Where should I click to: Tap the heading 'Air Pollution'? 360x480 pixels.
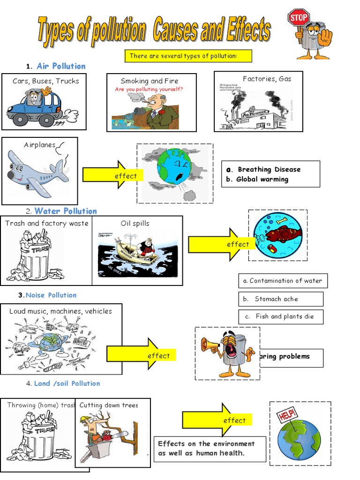click(61, 66)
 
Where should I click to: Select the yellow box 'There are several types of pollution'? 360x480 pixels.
click(188, 56)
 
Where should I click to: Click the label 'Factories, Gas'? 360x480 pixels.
click(267, 79)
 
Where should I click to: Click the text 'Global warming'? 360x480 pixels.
click(262, 179)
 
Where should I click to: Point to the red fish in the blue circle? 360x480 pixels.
click(282, 234)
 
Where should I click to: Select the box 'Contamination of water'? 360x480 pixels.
click(283, 281)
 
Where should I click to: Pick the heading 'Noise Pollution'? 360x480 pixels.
click(51, 295)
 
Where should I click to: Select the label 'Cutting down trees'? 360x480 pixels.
click(109, 405)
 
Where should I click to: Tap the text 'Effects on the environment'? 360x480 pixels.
click(206, 443)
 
